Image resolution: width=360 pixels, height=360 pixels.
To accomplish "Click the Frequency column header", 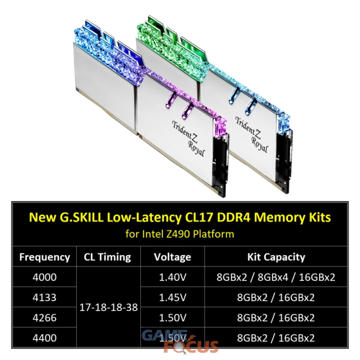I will (x=45, y=257).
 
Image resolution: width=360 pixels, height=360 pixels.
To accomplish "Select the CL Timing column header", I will (x=107, y=257).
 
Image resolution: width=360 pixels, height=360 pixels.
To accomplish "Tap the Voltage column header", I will (x=173, y=257).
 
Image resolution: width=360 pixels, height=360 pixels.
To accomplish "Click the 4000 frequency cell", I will (x=45, y=278).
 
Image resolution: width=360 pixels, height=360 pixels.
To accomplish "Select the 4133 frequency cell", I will (x=45, y=298).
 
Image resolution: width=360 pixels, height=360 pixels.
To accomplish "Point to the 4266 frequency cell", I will (x=45, y=318).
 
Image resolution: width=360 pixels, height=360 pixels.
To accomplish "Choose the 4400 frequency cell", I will (x=45, y=338).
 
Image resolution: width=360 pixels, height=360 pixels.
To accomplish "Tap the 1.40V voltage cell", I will (x=173, y=278).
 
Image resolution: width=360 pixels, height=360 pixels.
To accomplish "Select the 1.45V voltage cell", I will (x=173, y=298).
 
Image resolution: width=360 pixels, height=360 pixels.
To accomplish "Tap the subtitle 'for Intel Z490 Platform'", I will (x=180, y=235).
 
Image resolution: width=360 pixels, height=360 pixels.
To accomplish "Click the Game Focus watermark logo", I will (x=180, y=341).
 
